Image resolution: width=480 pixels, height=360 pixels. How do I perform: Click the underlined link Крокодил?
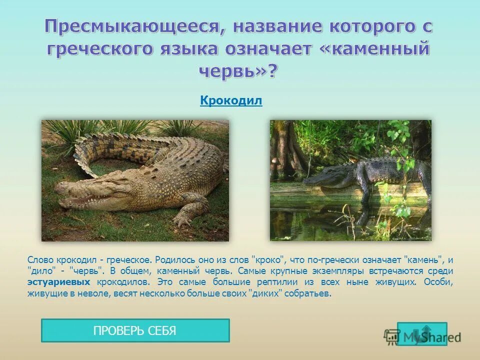tap(231, 101)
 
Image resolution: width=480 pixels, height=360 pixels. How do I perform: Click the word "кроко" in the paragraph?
tap(269, 260)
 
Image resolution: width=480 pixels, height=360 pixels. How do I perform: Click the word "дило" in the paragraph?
tap(40, 271)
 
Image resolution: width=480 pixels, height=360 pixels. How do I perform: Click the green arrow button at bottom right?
tap(414, 333)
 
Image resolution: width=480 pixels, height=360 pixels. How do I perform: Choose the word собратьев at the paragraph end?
tap(310, 293)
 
